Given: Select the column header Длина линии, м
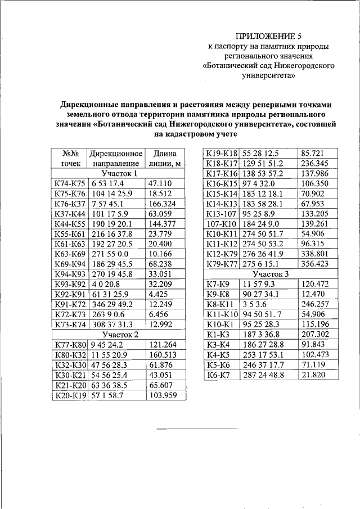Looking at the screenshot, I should click(165, 157).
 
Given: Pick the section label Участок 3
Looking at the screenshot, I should click(271, 274).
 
